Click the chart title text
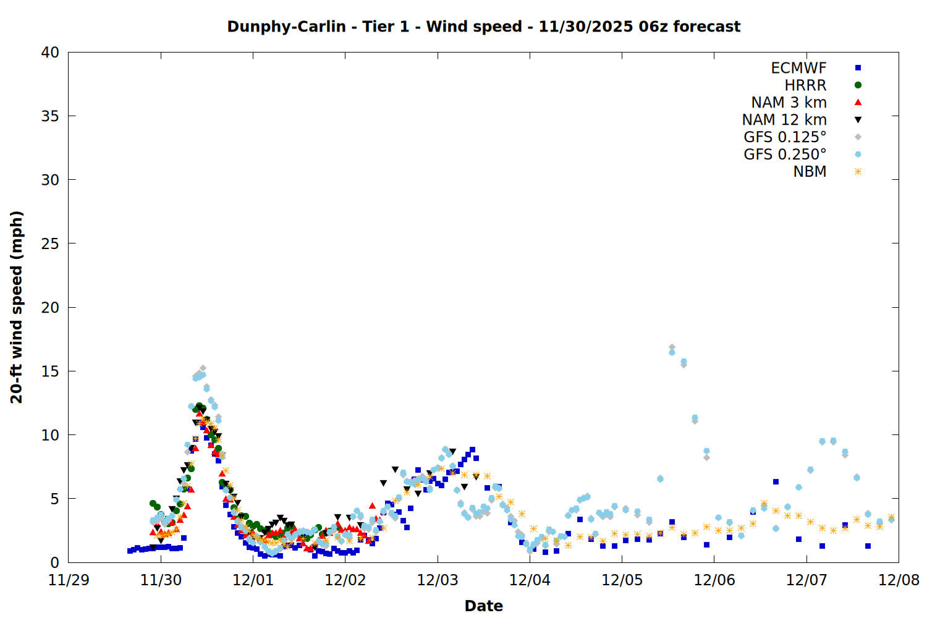[x=483, y=27]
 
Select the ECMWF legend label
[x=798, y=68]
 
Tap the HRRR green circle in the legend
[x=858, y=85]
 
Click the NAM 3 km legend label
[x=789, y=103]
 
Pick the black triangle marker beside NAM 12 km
[x=858, y=120]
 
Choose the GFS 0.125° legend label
[x=785, y=137]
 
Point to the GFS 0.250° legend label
[x=785, y=154]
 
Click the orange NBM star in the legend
[x=858, y=172]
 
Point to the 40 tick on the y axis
[x=50, y=53]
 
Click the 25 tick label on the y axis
[x=50, y=243]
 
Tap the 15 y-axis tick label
[x=50, y=371]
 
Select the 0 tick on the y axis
[x=54, y=562]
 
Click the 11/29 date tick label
[x=68, y=580]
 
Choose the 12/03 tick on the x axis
[x=438, y=580]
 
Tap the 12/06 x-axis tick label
[x=714, y=580]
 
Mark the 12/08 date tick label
[x=899, y=580]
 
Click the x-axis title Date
[x=483, y=606]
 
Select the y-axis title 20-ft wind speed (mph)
[x=17, y=307]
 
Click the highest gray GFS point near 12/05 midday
[x=672, y=347]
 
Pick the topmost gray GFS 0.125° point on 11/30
[x=203, y=368]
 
